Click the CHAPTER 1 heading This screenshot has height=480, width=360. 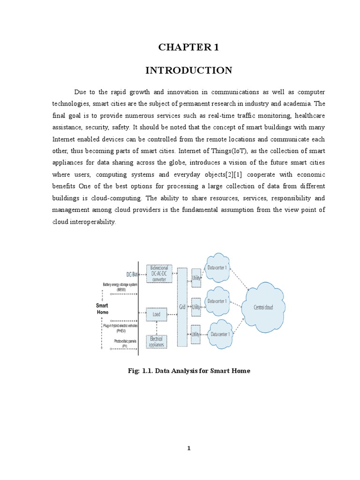click(188, 47)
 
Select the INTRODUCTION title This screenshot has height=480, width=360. click(188, 70)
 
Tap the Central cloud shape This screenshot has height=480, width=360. click(262, 307)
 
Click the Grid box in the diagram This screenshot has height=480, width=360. click(182, 307)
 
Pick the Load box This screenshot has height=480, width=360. click(156, 314)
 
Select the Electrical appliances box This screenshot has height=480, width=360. click(156, 341)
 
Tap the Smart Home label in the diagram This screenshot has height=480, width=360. click(102, 308)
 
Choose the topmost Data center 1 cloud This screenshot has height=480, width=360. click(217, 268)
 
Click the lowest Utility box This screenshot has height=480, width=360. click(196, 334)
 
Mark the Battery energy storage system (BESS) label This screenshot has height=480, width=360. click(120, 287)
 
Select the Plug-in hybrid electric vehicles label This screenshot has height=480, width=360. click(120, 327)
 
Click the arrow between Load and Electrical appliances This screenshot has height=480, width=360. click(156, 327)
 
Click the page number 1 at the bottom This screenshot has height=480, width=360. click(189, 449)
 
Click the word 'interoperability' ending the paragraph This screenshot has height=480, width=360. click(83, 222)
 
